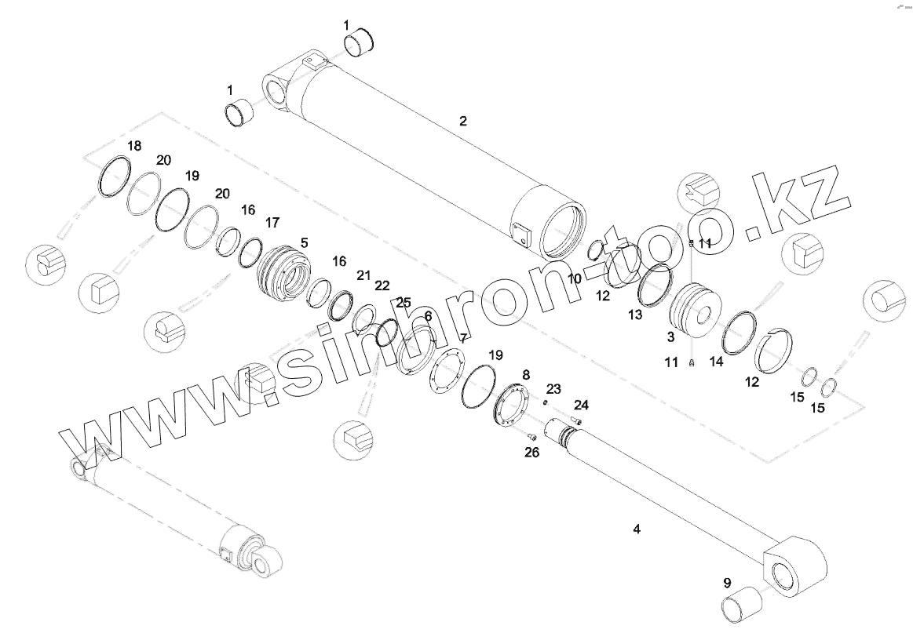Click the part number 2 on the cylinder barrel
[463, 121]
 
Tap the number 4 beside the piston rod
[637, 529]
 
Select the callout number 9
[727, 583]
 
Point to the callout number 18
[134, 146]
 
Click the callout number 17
[272, 224]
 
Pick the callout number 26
[531, 453]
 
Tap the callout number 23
[553, 389]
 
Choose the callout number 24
[580, 406]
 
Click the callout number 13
[634, 315]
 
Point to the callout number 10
[575, 278]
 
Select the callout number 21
[363, 275]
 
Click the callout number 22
[382, 286]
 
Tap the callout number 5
[304, 243]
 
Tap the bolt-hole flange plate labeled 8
[511, 406]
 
